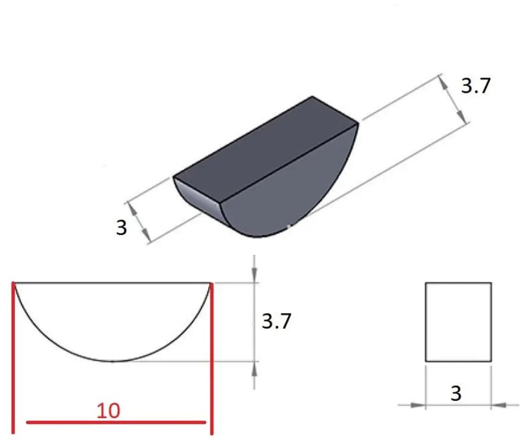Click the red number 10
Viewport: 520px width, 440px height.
tap(108, 411)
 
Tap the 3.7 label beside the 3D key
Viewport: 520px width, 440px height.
tap(476, 86)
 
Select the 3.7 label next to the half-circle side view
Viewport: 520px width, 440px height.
tap(276, 321)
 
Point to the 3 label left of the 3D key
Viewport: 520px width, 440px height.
tap(121, 227)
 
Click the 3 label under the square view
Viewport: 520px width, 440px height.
tap(456, 393)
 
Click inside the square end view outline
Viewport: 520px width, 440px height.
tap(458, 322)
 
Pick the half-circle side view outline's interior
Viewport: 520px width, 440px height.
tap(112, 315)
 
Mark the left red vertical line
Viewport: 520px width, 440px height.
tap(13, 358)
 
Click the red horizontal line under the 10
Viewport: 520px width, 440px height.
tap(116, 423)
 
